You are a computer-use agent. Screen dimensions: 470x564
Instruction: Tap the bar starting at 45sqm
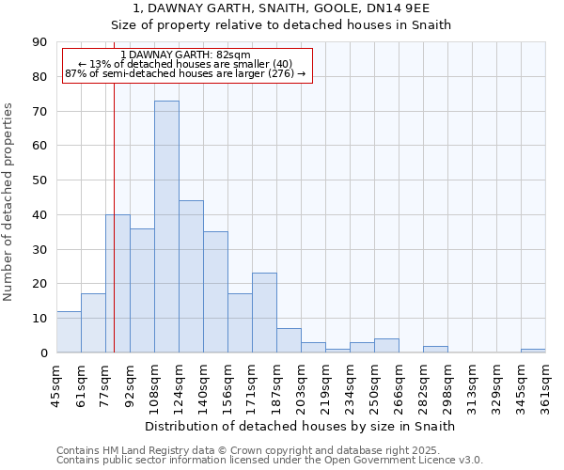coord(69,332)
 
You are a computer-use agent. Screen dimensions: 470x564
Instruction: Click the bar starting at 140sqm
coord(215,292)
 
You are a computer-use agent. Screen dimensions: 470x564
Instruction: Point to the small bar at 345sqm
coord(533,351)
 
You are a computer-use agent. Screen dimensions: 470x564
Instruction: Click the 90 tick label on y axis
coord(40,42)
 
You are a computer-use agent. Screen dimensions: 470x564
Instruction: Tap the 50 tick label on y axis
coord(40,180)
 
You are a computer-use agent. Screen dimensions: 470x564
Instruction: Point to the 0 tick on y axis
coord(44,353)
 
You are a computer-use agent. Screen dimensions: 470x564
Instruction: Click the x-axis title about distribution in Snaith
coord(301,426)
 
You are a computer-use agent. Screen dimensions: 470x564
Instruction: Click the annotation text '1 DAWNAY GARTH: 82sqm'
coord(186,55)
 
